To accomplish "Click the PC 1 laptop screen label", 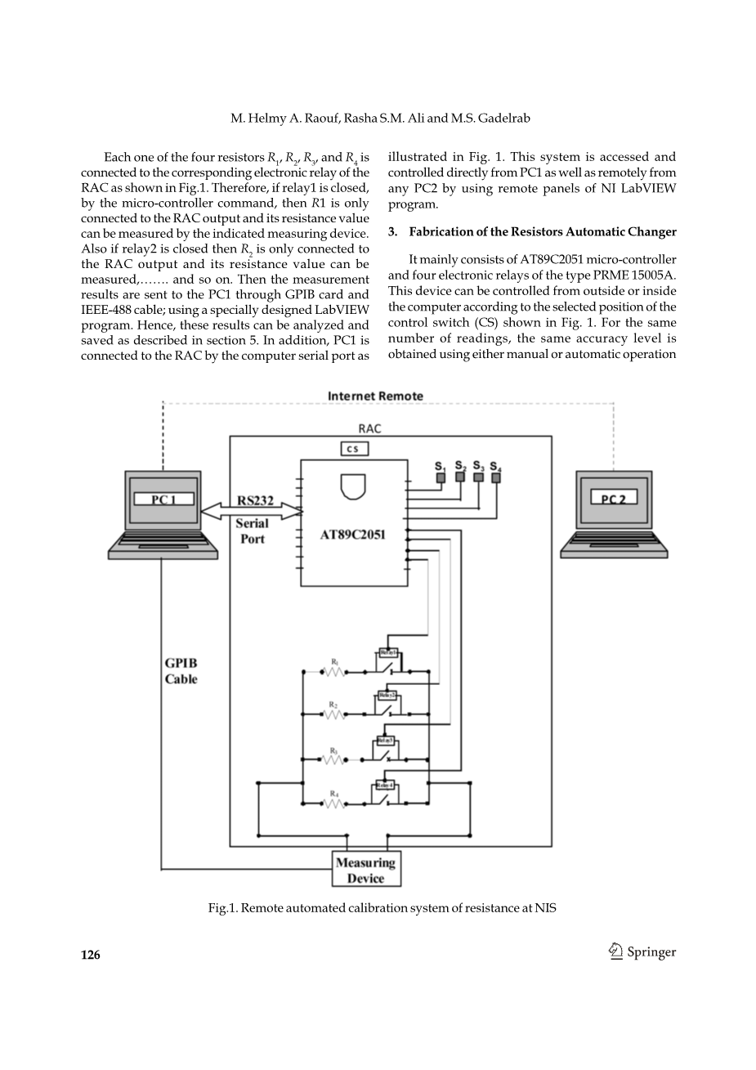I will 163,499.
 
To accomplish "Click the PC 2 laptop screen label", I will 613,499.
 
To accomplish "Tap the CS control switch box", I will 354,449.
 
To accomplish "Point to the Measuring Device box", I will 365,870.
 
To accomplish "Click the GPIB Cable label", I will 181,671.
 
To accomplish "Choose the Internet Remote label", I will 375,396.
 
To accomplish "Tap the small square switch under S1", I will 440,477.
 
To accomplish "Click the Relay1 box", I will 387,653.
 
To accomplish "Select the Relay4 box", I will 384,786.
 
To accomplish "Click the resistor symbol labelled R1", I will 334,672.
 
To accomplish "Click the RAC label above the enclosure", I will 369,428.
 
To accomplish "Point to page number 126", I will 90,955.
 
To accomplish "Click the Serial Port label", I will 252,531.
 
